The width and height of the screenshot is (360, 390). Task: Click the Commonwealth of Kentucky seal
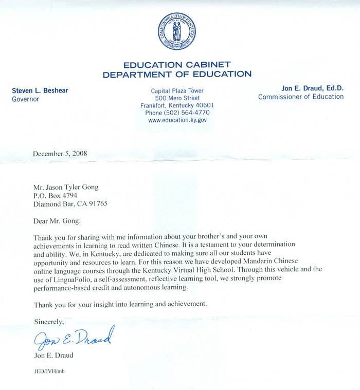pos(177,32)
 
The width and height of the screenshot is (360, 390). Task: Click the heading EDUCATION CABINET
pos(177,65)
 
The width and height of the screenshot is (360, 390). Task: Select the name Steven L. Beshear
pos(40,90)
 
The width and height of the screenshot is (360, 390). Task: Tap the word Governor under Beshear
pos(26,99)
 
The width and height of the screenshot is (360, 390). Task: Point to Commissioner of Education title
pos(301,97)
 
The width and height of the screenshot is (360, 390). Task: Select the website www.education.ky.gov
pos(177,120)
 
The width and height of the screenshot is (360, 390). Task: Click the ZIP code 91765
pos(97,203)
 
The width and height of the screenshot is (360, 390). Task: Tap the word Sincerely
pos(49,322)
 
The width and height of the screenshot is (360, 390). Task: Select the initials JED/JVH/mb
pos(49,370)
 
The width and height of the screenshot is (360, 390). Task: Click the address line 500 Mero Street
pos(177,98)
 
